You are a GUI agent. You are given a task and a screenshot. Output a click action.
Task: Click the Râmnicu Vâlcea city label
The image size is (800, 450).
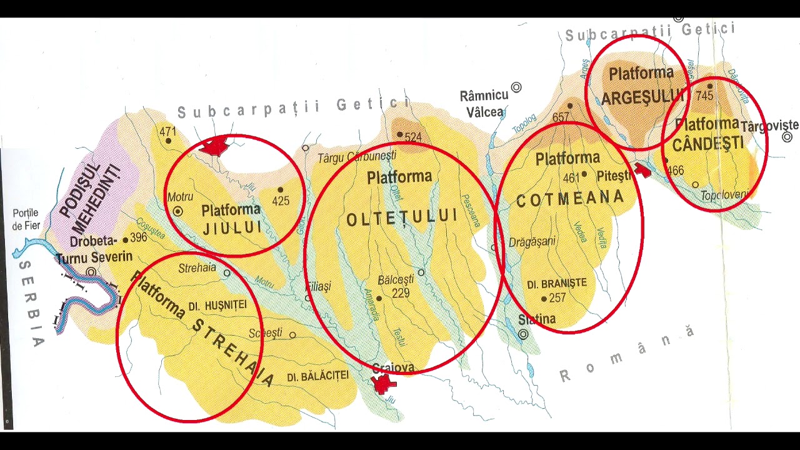tap(484, 104)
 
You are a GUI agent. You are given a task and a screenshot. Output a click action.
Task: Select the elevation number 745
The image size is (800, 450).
tap(704, 96)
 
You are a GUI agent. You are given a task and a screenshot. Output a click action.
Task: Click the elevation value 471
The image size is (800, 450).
tap(167, 132)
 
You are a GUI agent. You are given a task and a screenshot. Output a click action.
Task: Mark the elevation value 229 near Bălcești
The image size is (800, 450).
tap(401, 292)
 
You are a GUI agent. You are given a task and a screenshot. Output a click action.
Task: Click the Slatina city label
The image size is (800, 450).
tap(537, 319)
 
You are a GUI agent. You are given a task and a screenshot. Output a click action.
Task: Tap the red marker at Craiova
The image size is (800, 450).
tap(382, 384)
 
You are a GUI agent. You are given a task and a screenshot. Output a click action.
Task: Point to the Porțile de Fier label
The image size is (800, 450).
tap(26, 219)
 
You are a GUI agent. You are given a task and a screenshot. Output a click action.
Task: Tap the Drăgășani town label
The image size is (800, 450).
tap(532, 242)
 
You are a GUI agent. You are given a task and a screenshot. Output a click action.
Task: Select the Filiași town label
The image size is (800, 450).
tap(318, 286)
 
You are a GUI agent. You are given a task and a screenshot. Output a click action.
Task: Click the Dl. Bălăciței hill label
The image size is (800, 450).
tap(317, 377)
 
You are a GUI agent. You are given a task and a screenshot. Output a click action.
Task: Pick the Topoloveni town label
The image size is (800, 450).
tap(724, 195)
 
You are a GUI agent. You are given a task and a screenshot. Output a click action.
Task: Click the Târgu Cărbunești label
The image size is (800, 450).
tap(356, 157)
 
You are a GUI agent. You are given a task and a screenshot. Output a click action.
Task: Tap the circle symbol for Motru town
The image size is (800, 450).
tap(178, 212)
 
